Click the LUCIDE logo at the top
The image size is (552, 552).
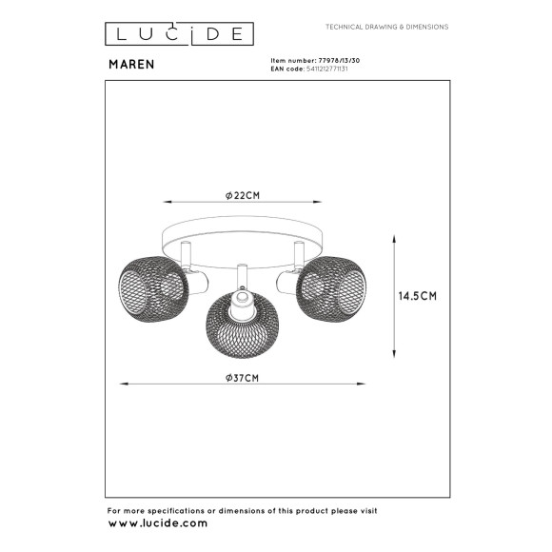179,34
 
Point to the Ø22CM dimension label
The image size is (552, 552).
244,194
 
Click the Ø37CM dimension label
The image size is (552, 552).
244,377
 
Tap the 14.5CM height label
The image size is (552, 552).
418,296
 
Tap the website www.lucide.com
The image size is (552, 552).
158,523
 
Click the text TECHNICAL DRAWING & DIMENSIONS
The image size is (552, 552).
386,27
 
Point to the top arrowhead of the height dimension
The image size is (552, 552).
395,238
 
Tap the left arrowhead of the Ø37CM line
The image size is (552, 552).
121,384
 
